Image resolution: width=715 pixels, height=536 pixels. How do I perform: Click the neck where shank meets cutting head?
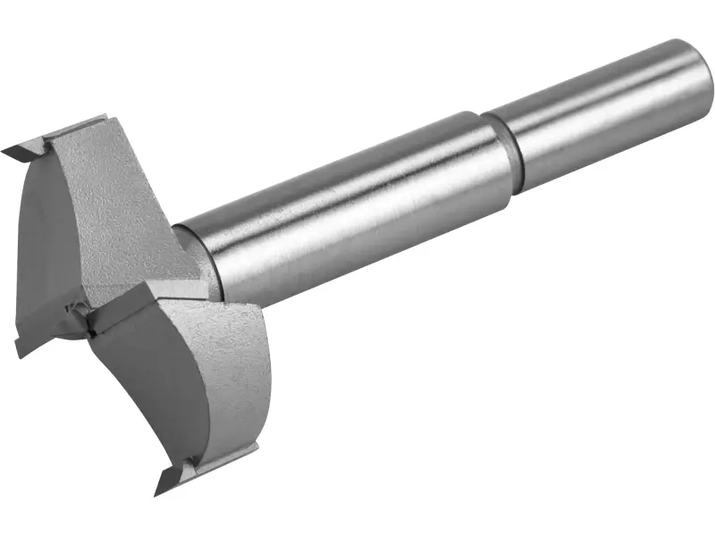(197, 255)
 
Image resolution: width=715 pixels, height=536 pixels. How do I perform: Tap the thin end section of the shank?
(608, 107)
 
